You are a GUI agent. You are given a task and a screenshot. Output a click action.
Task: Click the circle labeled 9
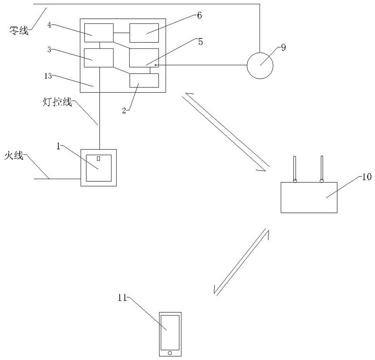(260, 65)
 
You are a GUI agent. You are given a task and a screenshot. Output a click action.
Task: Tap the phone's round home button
(170, 353)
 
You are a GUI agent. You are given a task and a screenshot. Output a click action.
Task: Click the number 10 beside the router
(367, 176)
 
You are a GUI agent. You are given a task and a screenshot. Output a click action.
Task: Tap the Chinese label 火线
(14, 155)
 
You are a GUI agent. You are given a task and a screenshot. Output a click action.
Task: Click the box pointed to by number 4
(99, 33)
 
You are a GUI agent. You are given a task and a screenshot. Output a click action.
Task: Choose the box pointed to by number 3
(99, 58)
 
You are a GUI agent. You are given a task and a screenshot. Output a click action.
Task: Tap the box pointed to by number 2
(144, 80)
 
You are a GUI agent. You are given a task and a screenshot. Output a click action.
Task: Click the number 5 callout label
(201, 42)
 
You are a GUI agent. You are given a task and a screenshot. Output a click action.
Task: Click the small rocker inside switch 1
(99, 159)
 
